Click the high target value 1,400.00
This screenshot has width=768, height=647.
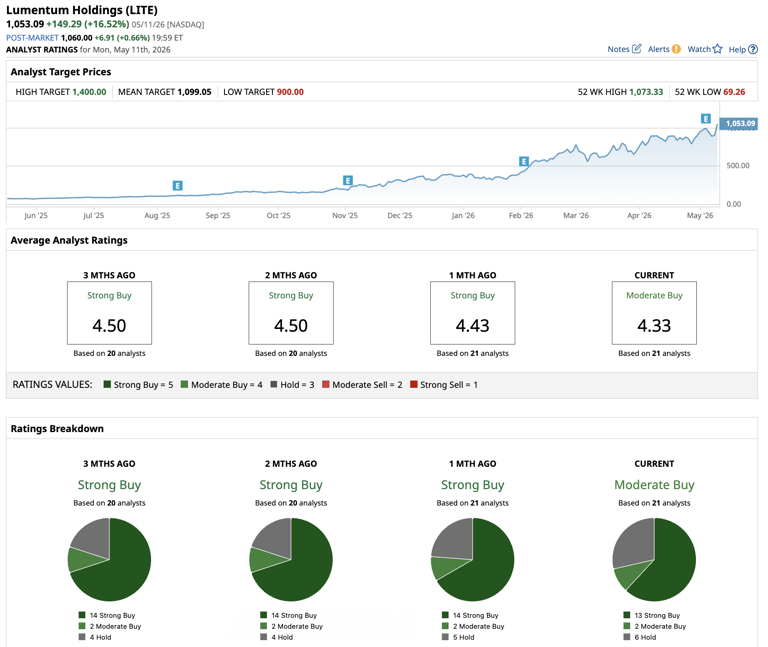pyautogui.click(x=89, y=92)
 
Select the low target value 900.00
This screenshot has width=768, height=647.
pyautogui.click(x=290, y=92)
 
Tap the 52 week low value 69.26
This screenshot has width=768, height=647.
pyautogui.click(x=734, y=92)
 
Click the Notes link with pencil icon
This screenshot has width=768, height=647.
pyautogui.click(x=624, y=49)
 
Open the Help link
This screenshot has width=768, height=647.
pyautogui.click(x=743, y=49)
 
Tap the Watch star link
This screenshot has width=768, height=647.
pyautogui.click(x=705, y=49)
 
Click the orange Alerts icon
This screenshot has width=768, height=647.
pyautogui.click(x=676, y=49)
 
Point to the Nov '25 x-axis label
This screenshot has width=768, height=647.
pyautogui.click(x=345, y=216)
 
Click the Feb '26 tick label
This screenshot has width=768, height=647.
pyautogui.click(x=521, y=216)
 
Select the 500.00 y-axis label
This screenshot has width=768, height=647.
pyautogui.click(x=738, y=166)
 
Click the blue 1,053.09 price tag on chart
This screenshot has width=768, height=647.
pyautogui.click(x=739, y=123)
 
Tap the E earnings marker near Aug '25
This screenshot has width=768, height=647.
pyautogui.click(x=178, y=186)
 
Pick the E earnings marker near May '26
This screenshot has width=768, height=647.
pyautogui.click(x=705, y=119)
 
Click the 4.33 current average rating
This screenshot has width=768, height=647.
pyautogui.click(x=654, y=326)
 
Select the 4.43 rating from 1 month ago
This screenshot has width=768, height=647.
pyautogui.click(x=472, y=326)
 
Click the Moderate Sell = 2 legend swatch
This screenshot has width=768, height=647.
pyautogui.click(x=326, y=384)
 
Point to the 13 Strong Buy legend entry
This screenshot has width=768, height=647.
pyautogui.click(x=652, y=615)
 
